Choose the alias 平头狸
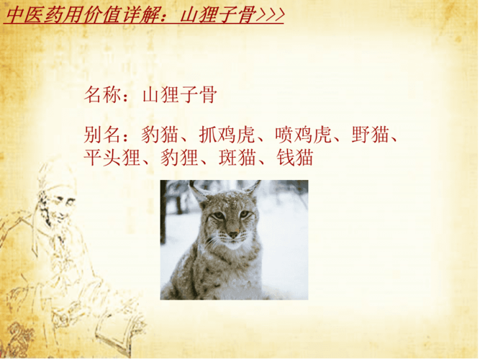[112, 158]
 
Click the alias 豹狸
[179, 158]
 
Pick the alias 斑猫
[237, 158]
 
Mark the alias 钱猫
[295, 158]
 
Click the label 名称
[103, 94]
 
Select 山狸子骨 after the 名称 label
[180, 94]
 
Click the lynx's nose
[234, 235]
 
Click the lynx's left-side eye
[219, 216]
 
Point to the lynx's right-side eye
[245, 214]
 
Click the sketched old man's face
[59, 208]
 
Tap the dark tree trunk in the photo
[163, 212]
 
